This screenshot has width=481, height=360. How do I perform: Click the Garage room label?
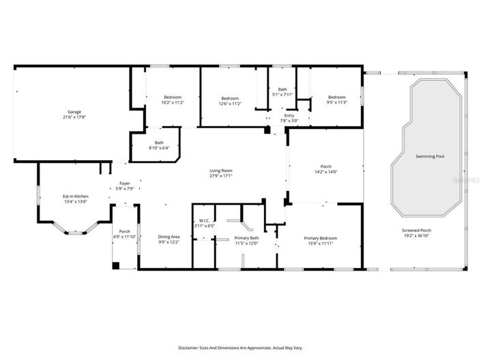pos(74,111)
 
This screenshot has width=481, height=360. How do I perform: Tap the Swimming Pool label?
pos(430,156)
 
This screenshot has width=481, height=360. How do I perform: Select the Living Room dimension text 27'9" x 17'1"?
pos(220,175)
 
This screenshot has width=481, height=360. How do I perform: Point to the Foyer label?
pos(125,183)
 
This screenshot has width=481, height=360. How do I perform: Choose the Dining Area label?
pos(168,237)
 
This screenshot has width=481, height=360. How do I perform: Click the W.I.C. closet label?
pos(204,220)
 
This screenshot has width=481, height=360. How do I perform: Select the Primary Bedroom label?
pos(320,237)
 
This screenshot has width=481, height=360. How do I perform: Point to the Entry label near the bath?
pos(289,116)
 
